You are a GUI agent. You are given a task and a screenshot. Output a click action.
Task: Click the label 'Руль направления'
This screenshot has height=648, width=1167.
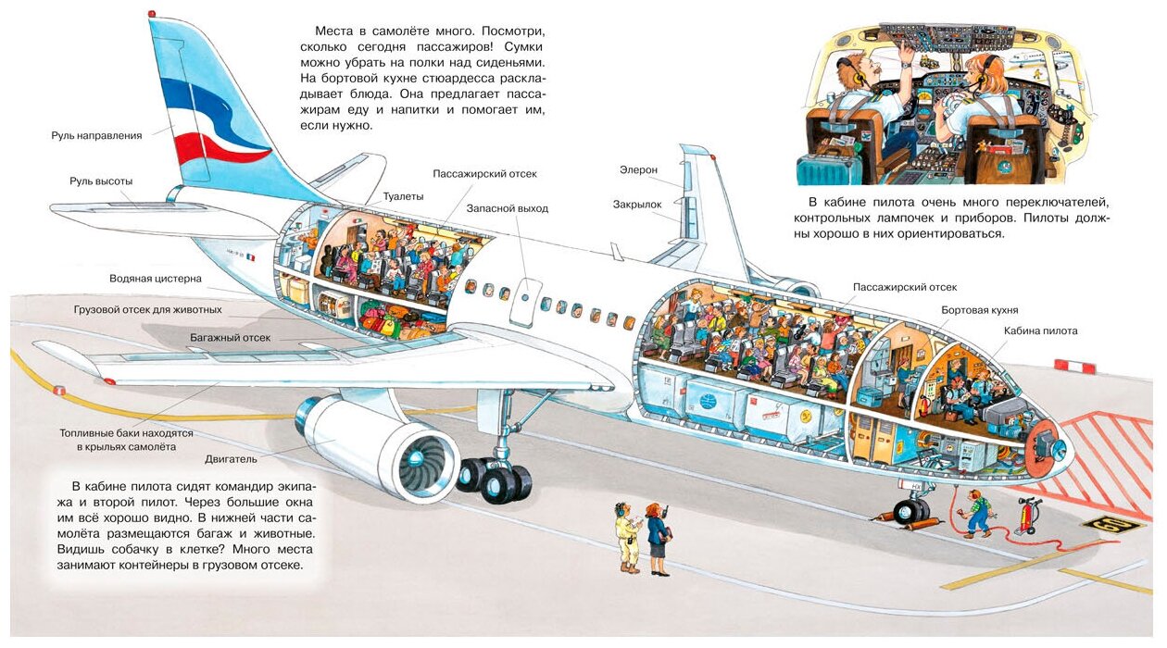96,135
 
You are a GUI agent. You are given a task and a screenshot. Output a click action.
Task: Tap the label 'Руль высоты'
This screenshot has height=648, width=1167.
101,181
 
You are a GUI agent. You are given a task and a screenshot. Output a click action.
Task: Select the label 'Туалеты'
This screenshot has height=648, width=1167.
403,196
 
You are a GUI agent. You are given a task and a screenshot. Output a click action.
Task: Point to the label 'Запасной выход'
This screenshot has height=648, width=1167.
507,208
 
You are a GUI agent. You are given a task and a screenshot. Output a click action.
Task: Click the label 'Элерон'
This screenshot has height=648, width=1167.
638,170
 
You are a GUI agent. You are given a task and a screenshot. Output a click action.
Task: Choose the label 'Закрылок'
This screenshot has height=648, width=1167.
637,204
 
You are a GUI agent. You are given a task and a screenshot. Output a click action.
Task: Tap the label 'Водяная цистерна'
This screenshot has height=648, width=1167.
155,279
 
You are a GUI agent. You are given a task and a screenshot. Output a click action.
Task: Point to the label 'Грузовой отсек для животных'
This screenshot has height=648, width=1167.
148,309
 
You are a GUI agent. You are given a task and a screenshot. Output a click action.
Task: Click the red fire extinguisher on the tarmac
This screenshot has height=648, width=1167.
1027,516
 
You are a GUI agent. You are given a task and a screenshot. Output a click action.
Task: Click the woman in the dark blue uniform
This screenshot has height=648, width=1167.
658,541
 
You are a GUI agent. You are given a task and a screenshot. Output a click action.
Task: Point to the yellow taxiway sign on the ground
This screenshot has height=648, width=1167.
1111,525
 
